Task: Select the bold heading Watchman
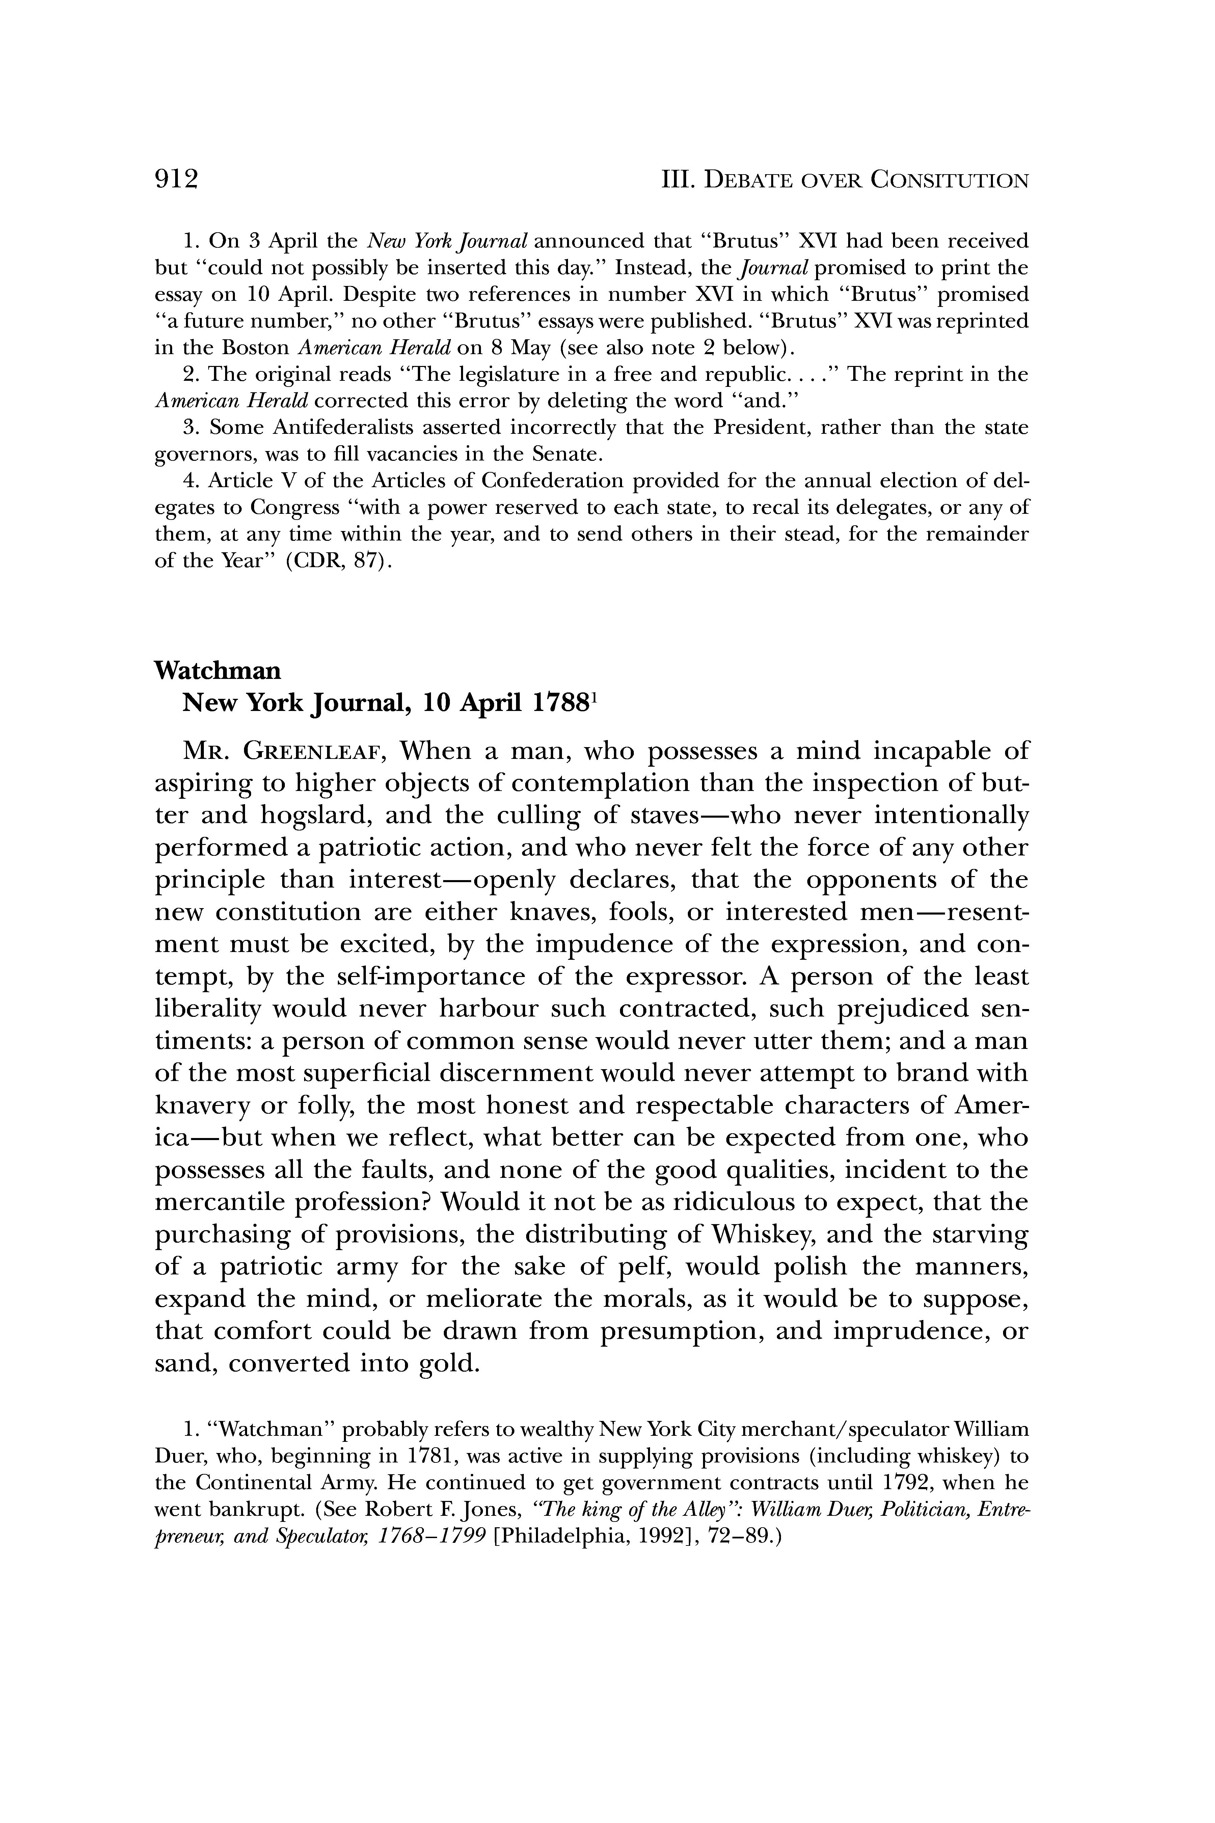218,670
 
